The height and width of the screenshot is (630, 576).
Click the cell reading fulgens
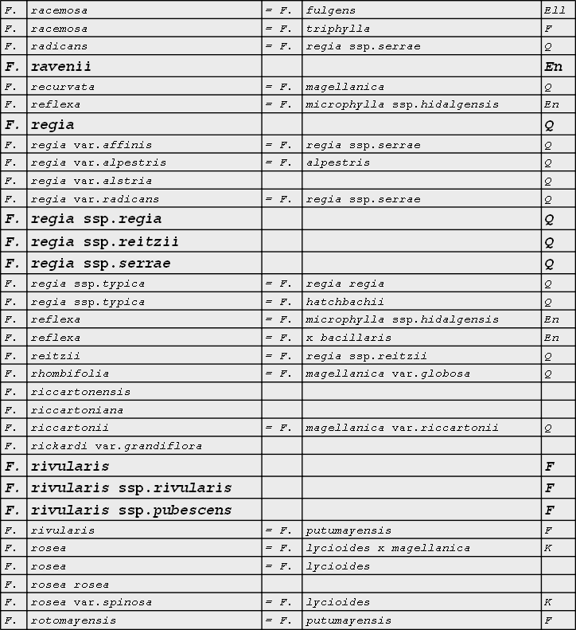tap(331, 10)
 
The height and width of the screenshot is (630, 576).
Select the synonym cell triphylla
tap(338, 29)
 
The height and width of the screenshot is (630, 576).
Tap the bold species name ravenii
tap(61, 66)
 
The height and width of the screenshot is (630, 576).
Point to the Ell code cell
tap(555, 10)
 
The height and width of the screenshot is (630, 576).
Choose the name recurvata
tap(63, 87)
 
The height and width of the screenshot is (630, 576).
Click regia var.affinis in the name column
tap(91, 145)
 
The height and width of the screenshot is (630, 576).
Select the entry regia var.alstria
tap(91, 181)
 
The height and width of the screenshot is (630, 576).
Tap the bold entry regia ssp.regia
tap(96, 219)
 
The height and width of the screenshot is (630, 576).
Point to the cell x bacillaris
tap(348, 338)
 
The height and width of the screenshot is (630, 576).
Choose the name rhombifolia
tap(70, 374)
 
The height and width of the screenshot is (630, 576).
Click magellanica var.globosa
tap(387, 374)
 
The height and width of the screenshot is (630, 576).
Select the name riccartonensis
tap(80, 392)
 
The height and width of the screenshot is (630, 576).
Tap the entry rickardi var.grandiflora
tap(116, 446)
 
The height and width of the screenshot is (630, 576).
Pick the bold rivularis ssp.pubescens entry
tap(131, 510)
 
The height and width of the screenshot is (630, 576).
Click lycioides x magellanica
tap(387, 548)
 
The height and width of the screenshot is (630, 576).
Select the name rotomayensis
tap(73, 620)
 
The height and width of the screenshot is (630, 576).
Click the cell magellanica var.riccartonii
tap(402, 428)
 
